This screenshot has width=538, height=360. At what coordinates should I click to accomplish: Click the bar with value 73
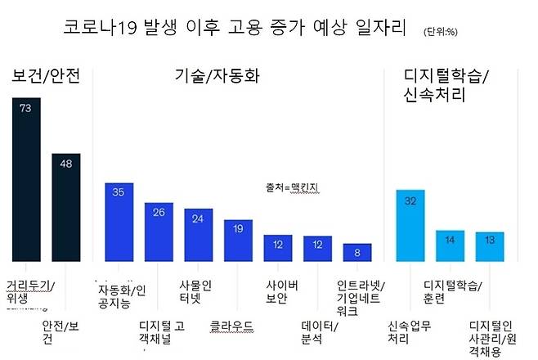click(26, 180)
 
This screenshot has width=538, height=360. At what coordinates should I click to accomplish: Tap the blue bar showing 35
click(119, 221)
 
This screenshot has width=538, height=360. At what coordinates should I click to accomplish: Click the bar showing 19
click(238, 239)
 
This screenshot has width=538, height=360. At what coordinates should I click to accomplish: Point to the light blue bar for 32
click(410, 224)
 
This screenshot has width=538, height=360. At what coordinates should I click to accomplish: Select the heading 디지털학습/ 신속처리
click(446, 85)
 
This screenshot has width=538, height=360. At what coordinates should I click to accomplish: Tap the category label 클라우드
click(234, 322)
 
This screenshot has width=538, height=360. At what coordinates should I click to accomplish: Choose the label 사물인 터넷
click(195, 292)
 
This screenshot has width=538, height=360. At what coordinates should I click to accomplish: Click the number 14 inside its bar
click(450, 240)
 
